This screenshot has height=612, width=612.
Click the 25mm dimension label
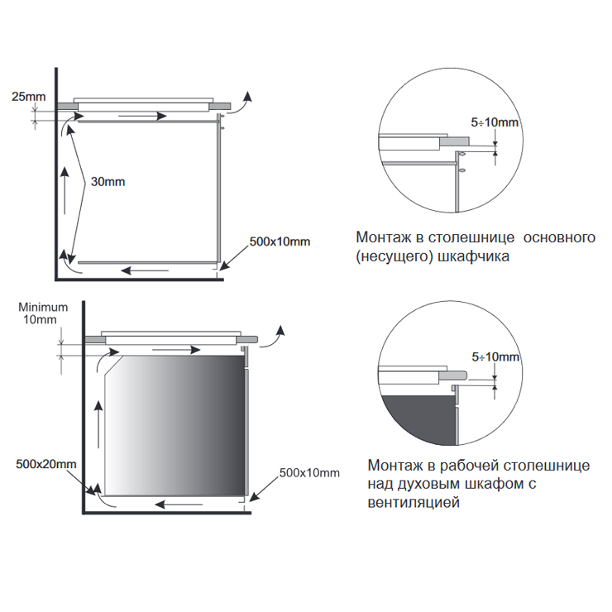[28, 97]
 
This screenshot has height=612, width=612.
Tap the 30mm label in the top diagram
[108, 181]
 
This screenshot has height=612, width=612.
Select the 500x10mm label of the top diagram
[280, 241]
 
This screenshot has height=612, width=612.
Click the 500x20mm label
[46, 464]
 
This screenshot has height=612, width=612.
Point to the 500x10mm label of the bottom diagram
[309, 473]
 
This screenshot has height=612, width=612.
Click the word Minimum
[43, 307]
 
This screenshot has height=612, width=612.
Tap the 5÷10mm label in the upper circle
[495, 122]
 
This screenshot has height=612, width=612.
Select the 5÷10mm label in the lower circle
[495, 356]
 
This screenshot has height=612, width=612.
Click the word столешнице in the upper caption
[471, 237]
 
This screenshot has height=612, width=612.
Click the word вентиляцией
[414, 502]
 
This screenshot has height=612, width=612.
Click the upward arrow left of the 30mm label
[65, 191]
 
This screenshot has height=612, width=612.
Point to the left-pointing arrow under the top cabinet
[145, 270]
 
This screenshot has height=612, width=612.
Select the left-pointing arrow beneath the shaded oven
[179, 504]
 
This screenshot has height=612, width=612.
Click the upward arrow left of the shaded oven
[98, 424]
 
